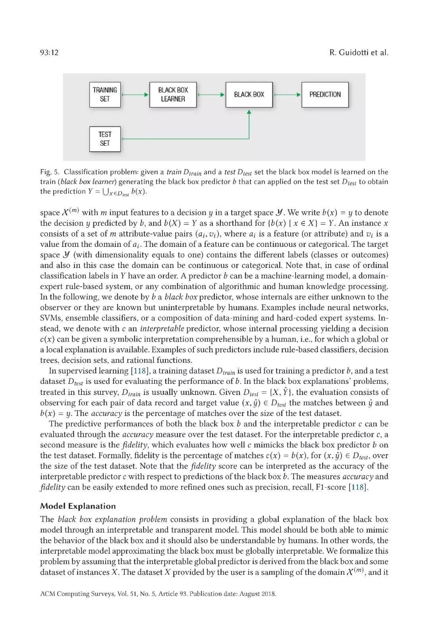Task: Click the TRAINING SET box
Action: tap(105, 94)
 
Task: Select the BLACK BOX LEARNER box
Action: tap(173, 94)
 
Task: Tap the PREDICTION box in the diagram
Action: tap(325, 94)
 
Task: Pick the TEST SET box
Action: tap(105, 139)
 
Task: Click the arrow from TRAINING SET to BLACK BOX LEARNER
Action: tap(135, 95)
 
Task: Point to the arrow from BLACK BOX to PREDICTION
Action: tap(287, 95)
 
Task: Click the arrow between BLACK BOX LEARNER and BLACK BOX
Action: tap(211, 95)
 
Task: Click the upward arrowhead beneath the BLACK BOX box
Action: tap(249, 112)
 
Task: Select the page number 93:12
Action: tap(49, 52)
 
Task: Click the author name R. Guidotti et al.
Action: tap(359, 52)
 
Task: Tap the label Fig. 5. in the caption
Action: tap(50, 172)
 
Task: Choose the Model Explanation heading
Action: tap(78, 506)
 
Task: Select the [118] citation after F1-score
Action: tap(358, 487)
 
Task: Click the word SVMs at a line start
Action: tap(50, 318)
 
